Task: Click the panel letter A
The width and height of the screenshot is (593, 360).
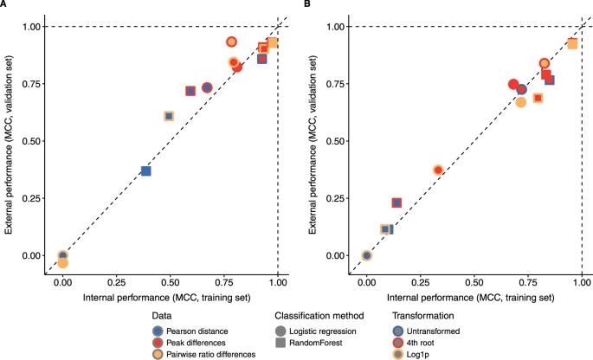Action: click(4, 5)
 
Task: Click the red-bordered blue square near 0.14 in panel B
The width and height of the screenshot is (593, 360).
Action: click(396, 202)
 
